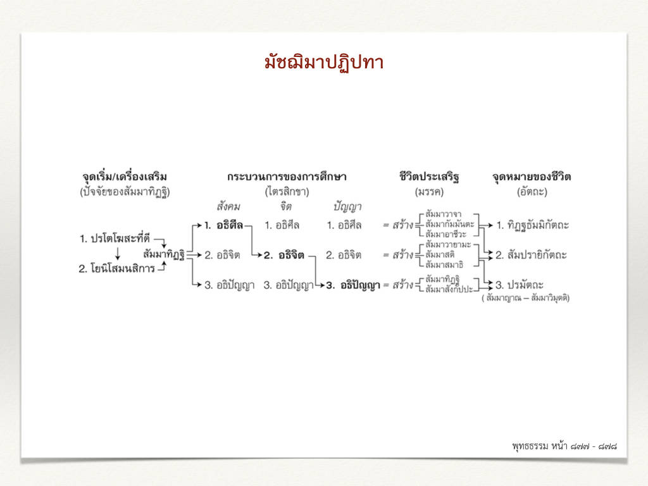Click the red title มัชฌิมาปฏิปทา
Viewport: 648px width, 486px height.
pos(324,63)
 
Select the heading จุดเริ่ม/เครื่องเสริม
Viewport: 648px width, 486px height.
pos(125,177)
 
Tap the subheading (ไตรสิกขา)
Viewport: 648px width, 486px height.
pos(287,192)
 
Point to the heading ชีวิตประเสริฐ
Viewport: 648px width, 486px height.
pos(429,177)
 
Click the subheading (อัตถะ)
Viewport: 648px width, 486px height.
pos(532,192)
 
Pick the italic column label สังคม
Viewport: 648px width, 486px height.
pos(228,206)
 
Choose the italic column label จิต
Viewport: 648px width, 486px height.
pos(285,206)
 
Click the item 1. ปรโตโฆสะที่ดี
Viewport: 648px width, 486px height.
pos(115,239)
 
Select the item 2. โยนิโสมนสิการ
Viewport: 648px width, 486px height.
pos(116,268)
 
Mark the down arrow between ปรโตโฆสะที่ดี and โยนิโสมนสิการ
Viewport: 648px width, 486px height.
pos(118,253)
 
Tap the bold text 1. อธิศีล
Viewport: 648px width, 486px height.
pos(223,225)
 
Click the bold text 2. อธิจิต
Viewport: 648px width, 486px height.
pos(284,255)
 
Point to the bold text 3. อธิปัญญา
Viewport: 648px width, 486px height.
pos(353,285)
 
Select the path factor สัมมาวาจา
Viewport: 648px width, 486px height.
pos(444,214)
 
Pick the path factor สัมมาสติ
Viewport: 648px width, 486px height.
pos(440,254)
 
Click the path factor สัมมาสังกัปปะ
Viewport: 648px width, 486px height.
pos(449,289)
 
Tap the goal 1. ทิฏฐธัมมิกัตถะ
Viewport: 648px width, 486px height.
pos(532,226)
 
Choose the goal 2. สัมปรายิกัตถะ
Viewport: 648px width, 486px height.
pos(531,255)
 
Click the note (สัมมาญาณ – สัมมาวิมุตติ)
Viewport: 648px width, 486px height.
pos(526,298)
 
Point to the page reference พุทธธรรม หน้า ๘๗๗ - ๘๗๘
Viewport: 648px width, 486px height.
pos(564,446)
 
